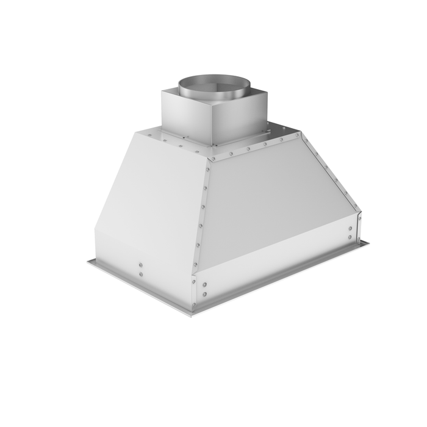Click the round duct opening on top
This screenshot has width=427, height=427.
coord(209,83)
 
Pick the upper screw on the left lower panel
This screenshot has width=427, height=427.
coord(140,265)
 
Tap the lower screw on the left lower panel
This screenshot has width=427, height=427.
coord(140,274)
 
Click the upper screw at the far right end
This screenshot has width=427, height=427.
coord(350,229)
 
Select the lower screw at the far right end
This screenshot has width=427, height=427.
coord(350,237)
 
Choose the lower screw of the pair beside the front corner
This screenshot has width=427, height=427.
coord(206,292)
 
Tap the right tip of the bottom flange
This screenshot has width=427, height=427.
coord(368,243)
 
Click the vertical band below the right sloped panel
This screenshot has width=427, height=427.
coord(274,262)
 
